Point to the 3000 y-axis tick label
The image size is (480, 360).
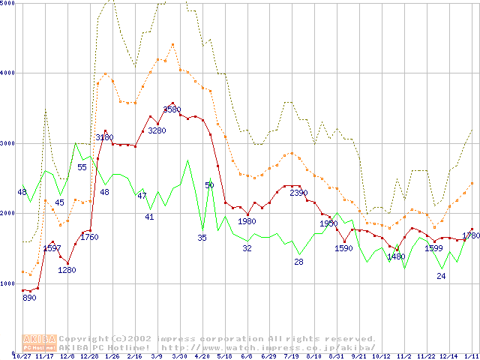[x=7, y=143]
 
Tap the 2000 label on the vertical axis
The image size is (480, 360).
[x=7, y=214]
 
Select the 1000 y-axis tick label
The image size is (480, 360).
[x=7, y=283]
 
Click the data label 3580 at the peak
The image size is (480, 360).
[x=172, y=109]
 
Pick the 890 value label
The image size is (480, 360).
[x=28, y=298]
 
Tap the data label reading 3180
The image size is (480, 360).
[x=103, y=137]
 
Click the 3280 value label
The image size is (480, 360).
[x=156, y=130]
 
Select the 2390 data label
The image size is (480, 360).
[x=298, y=193]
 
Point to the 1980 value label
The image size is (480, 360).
[x=246, y=221]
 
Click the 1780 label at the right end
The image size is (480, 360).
[x=470, y=235]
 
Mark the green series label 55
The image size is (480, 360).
[x=82, y=166]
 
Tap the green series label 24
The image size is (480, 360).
[x=441, y=276]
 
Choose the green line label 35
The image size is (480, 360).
[x=202, y=238]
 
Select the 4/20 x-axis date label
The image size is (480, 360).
[x=202, y=355]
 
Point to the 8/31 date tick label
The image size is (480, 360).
[x=336, y=355]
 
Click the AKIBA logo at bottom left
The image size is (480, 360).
[x=40, y=342]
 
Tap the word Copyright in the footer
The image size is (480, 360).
[x=84, y=338]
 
